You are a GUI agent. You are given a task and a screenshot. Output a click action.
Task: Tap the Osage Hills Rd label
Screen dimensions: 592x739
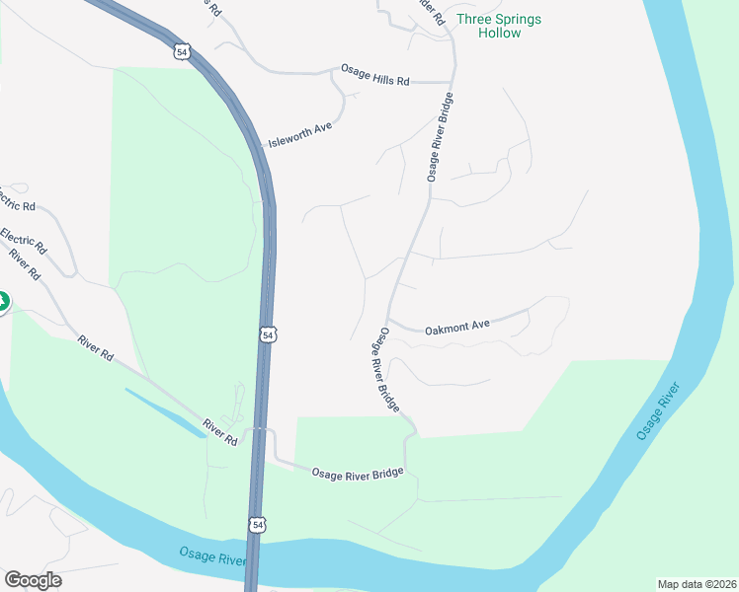click(x=374, y=75)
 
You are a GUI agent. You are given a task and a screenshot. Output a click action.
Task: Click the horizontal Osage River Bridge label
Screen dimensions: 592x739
click(x=358, y=474)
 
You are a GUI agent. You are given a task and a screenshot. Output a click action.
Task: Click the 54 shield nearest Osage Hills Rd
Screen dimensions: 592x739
click(x=181, y=51)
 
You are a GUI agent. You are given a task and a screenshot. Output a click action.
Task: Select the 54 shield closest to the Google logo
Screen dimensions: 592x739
click(x=257, y=526)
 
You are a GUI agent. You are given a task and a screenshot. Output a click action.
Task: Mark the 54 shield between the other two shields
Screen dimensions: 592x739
click(x=268, y=335)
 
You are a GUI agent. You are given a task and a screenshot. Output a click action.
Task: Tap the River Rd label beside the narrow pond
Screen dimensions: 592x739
click(x=220, y=432)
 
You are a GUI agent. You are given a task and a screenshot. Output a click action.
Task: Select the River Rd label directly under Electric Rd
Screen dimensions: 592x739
click(x=24, y=264)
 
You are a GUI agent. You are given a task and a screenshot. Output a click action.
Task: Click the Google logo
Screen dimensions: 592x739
click(x=33, y=580)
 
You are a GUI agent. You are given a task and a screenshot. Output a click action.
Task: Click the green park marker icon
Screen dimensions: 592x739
click(x=3, y=301)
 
